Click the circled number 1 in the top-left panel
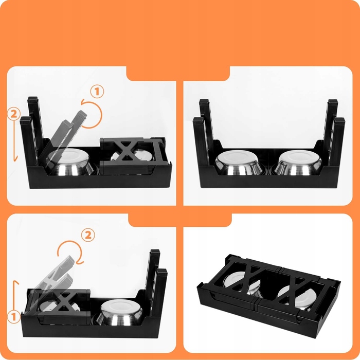97,92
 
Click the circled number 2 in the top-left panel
14,114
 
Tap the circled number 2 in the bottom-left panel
88,235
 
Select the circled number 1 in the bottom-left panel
14,317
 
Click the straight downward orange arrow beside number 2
15,140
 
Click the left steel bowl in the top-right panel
239,163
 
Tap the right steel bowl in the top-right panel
298,163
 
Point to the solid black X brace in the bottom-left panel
64,302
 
